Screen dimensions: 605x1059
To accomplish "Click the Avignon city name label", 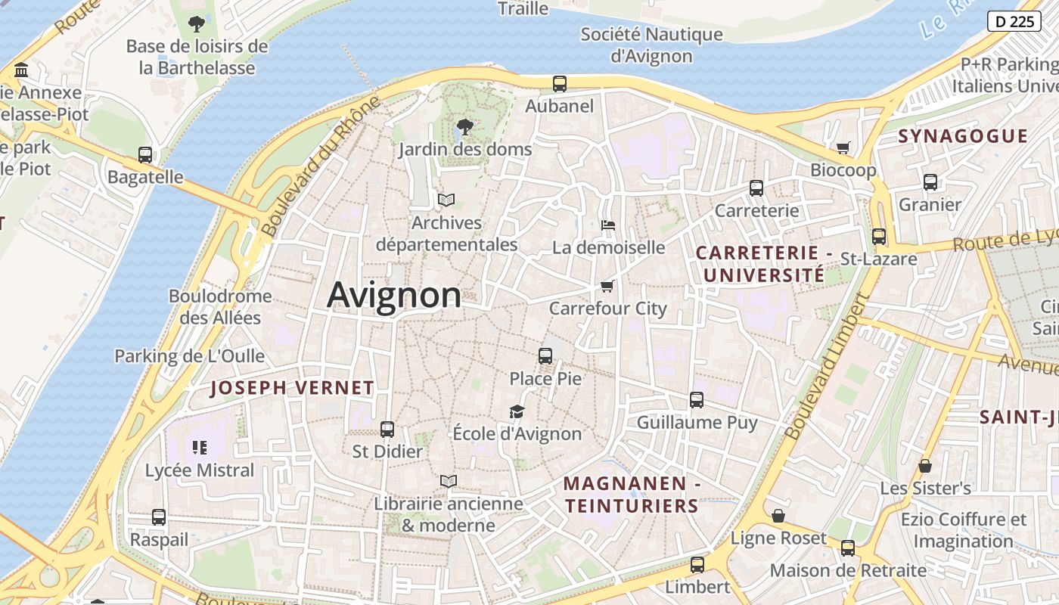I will (394, 295).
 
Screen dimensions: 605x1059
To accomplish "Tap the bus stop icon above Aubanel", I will (560, 84).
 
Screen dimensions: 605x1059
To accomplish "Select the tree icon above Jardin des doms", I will (465, 126).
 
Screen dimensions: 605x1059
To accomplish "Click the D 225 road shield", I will (1014, 21).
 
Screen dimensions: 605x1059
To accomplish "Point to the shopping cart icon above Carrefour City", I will (607, 286).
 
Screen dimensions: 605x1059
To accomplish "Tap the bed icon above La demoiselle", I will (607, 225).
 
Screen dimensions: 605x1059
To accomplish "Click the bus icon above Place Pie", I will (545, 355).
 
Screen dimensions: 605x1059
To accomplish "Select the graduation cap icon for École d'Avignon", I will (517, 411).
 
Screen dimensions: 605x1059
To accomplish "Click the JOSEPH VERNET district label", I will (292, 388).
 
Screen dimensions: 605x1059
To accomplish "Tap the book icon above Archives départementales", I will (446, 200).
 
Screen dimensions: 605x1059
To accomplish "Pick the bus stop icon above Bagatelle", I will (145, 155).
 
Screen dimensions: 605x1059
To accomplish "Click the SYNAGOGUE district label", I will (963, 137).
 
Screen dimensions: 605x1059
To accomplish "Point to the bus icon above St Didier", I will (387, 429).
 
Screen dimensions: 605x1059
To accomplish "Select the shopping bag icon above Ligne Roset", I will (778, 516).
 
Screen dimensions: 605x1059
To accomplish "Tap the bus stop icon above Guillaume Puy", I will (697, 400).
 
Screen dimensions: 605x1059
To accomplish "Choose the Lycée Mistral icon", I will (200, 448).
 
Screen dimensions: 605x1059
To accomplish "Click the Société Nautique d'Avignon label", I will (651, 45).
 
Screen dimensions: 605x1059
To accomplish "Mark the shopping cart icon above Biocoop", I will (843, 147).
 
